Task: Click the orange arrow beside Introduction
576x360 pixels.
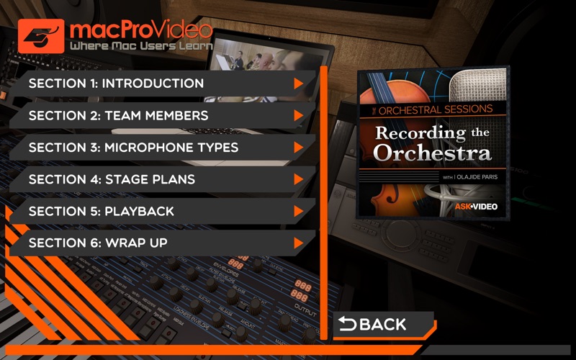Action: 298,84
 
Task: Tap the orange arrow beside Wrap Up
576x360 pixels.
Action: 298,243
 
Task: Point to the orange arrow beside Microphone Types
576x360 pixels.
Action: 298,148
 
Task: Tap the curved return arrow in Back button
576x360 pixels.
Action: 348,325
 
